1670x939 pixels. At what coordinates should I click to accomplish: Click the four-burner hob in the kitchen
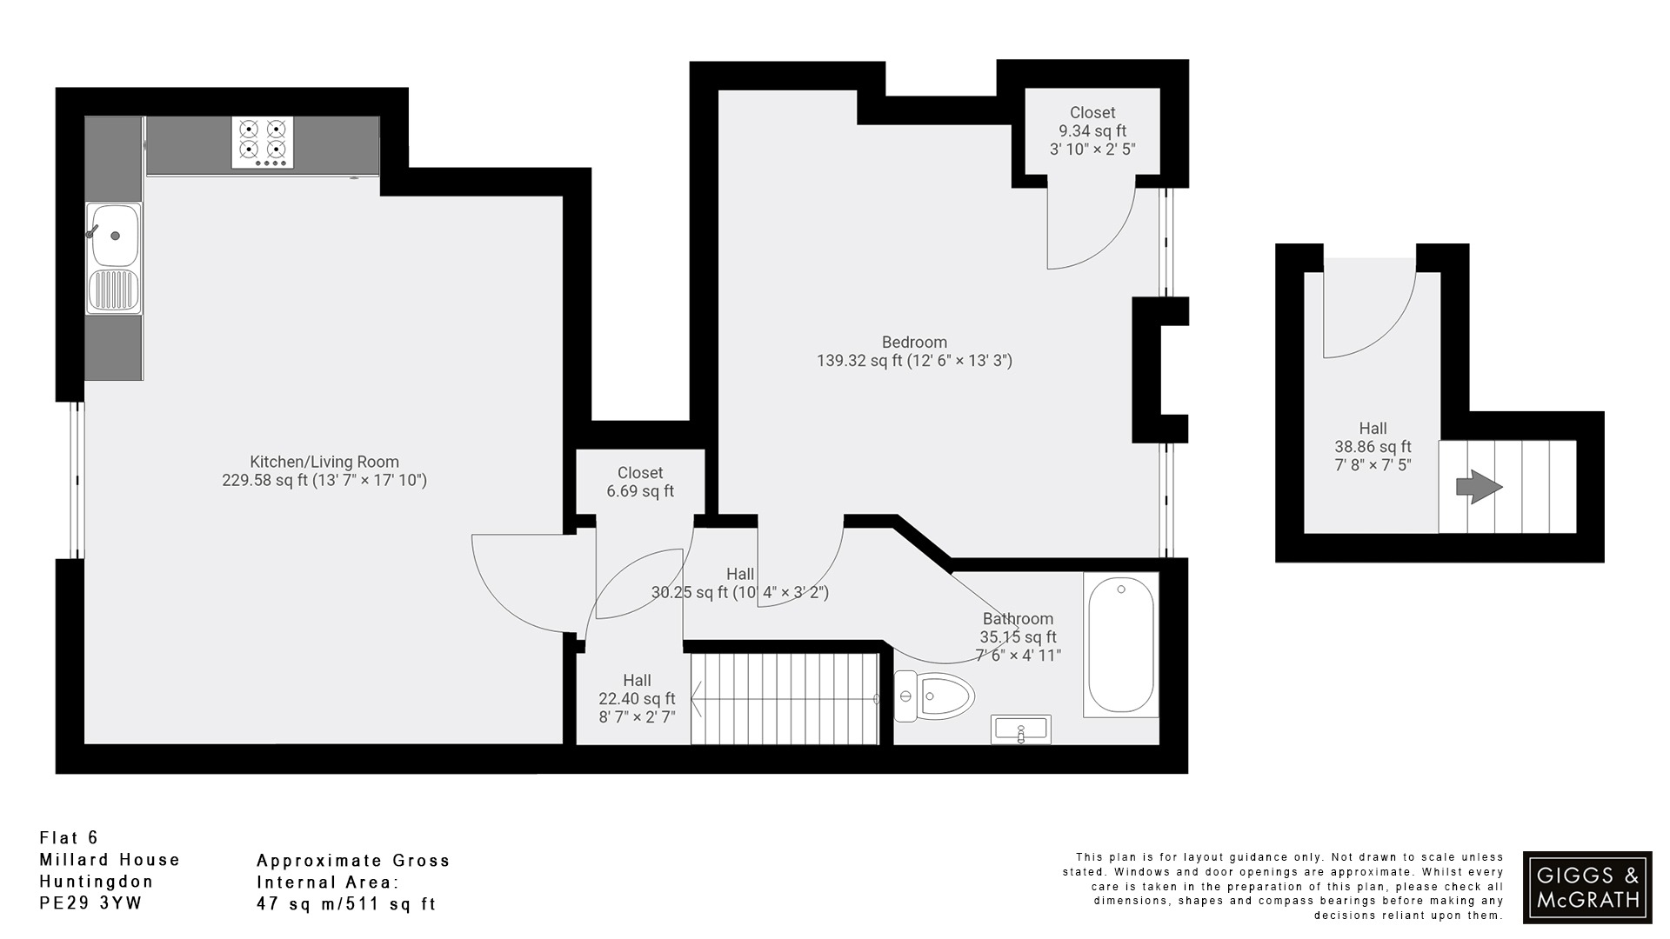coord(263,143)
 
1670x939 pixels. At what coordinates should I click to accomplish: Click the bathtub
coord(1121,644)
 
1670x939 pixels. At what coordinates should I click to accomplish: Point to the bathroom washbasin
coord(1021,730)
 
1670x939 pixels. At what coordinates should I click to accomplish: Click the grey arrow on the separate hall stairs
coord(1480,487)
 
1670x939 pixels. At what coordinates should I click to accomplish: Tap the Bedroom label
coord(914,342)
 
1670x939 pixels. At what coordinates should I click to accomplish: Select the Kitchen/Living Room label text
coord(324,462)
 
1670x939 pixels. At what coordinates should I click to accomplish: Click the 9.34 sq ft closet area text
coord(1092,131)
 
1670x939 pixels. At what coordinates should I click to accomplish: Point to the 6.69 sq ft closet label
coord(640,491)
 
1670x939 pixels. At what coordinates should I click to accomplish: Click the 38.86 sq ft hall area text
coord(1373,447)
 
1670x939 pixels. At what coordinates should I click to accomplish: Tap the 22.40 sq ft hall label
coord(637,699)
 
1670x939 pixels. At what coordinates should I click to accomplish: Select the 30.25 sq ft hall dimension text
coord(739,593)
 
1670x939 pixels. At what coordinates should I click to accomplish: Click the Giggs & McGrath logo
coord(1587,887)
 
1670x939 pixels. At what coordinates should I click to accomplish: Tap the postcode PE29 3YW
coord(90,903)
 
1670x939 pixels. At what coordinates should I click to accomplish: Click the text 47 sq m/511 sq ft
coord(345,904)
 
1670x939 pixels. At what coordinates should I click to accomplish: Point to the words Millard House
coord(110,860)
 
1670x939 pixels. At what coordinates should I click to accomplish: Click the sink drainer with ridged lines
coord(113,291)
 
